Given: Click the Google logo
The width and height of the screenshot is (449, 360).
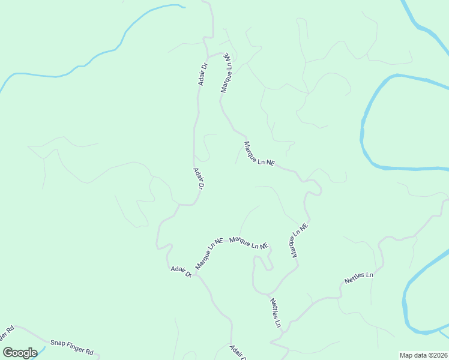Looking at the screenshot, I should coord(20,353).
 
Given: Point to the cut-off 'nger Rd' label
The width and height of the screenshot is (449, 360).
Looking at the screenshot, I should coord(7,334).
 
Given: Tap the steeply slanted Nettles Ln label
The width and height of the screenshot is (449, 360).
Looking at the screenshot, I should coord(276,313).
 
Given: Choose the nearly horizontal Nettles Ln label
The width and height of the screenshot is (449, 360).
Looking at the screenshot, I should coord(359,278).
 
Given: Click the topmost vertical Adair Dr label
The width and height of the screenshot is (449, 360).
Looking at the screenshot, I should coord(203,74).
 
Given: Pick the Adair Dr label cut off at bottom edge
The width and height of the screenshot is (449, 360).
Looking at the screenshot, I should coord(238,352).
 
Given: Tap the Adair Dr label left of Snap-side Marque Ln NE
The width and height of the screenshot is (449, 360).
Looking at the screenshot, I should coord(180,271).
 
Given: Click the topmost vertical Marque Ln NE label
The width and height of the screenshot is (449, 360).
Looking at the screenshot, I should coord(226,72).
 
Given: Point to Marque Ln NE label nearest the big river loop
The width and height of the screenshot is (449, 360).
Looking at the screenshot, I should coord(259,154).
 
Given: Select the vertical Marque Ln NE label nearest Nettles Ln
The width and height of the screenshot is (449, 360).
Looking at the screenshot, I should coord(299,241).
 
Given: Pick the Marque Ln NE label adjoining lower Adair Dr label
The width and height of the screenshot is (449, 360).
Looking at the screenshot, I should coord(209,253).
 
